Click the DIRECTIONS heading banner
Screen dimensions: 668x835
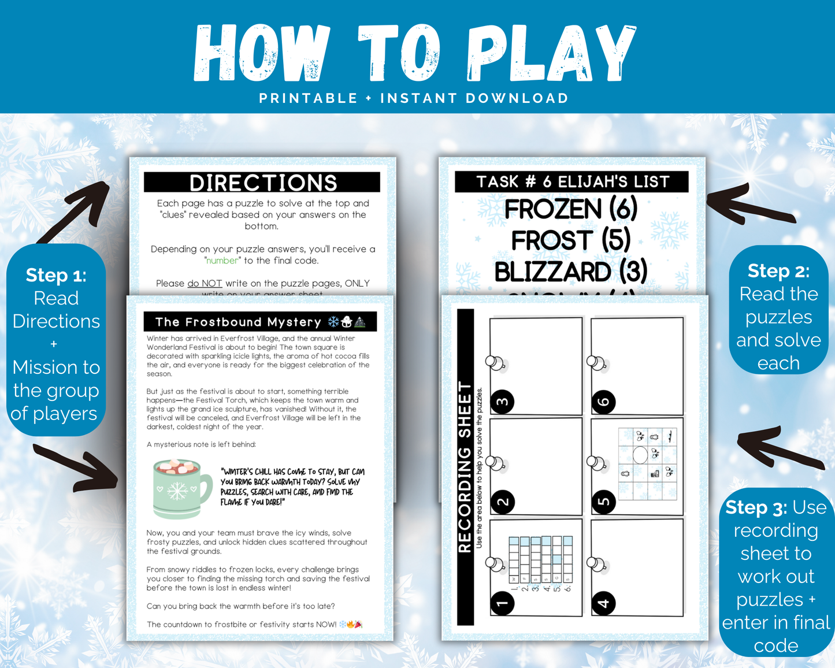(x=262, y=183)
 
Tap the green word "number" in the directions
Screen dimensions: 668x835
(x=222, y=261)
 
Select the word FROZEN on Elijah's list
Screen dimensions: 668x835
(x=553, y=209)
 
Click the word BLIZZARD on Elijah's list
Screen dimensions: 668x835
(x=552, y=272)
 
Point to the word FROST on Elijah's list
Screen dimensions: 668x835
(x=552, y=240)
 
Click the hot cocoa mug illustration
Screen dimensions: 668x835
(x=180, y=487)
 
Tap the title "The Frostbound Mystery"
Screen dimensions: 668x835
(x=238, y=322)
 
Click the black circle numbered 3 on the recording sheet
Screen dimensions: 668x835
(x=502, y=402)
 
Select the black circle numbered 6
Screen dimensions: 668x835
(x=603, y=402)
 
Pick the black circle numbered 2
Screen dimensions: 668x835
(x=502, y=502)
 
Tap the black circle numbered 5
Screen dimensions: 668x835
(x=603, y=502)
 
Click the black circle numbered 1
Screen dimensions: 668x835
(x=502, y=603)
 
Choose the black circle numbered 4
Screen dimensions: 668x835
(x=603, y=603)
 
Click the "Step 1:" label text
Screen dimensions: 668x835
(x=56, y=275)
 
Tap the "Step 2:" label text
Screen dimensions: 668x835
(x=778, y=270)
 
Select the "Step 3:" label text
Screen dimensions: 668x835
(x=756, y=507)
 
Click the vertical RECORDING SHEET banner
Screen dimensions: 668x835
(x=465, y=467)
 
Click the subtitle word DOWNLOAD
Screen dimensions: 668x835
(x=517, y=98)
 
